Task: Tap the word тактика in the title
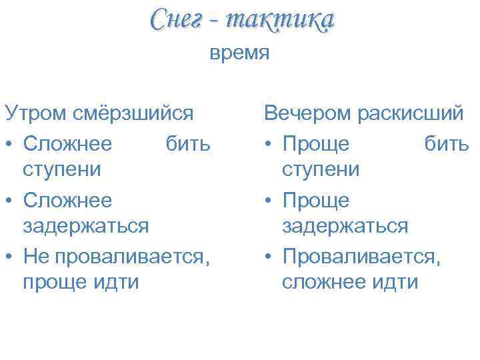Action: pyautogui.click(x=279, y=19)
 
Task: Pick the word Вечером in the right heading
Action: pyautogui.click(x=308, y=113)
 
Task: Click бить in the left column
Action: pyautogui.click(x=188, y=142)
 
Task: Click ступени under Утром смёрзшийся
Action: pyautogui.click(x=62, y=169)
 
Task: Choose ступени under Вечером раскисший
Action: pyautogui.click(x=321, y=169)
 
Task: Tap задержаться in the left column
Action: pyautogui.click(x=86, y=226)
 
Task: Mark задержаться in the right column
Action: pyautogui.click(x=345, y=226)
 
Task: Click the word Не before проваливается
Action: pyautogui.click(x=36, y=254)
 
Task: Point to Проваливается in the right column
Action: pyautogui.click(x=361, y=254)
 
